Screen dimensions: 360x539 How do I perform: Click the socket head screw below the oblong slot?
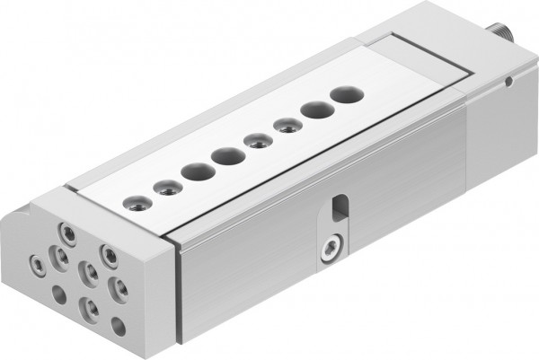[x=331, y=246]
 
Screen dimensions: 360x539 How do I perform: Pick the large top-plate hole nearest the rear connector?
[x=343, y=92]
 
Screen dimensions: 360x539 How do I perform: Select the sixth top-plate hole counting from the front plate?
[x=287, y=124]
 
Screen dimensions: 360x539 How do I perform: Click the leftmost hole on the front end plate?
[x=37, y=265]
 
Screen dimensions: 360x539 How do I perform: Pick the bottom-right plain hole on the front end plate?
[x=118, y=326]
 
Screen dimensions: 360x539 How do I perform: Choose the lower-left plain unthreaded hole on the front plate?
[x=59, y=294]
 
